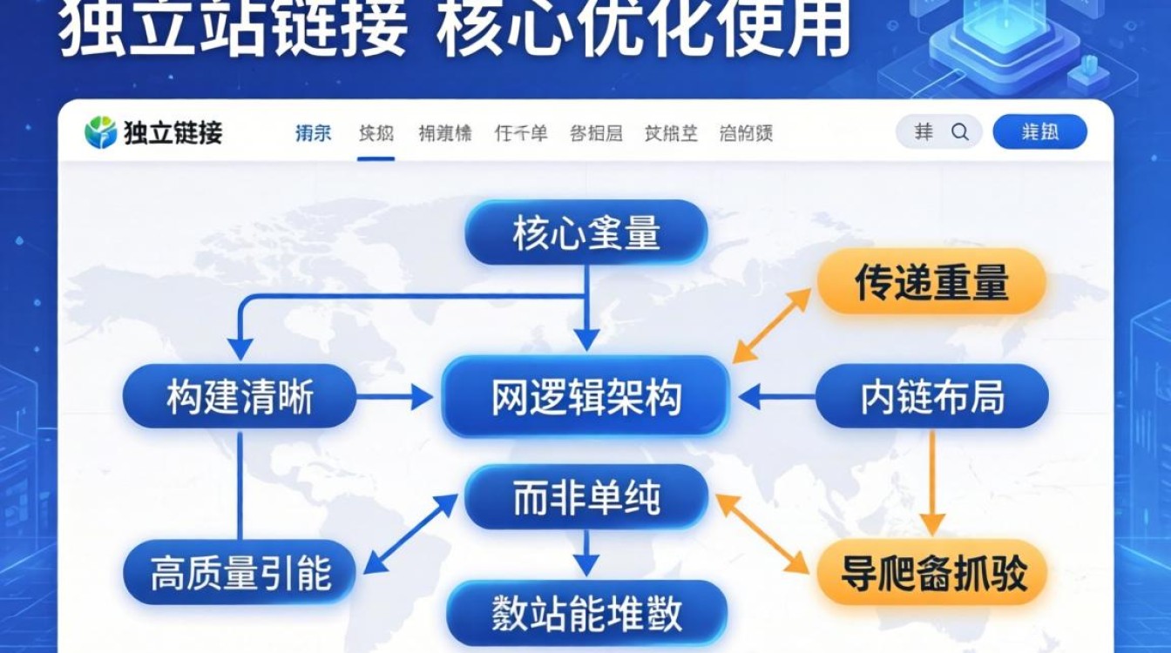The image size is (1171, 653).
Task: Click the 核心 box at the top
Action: (x=585, y=232)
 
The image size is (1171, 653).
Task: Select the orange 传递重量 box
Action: (x=931, y=282)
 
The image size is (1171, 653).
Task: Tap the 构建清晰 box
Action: (x=240, y=397)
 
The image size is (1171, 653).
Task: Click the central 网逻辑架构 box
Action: (x=585, y=397)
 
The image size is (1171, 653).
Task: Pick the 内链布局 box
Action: (x=932, y=397)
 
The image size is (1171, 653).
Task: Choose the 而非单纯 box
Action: (x=585, y=498)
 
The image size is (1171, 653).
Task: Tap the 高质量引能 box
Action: (x=240, y=573)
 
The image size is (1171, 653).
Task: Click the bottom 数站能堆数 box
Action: (x=585, y=613)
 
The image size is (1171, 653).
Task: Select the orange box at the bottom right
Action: (x=932, y=573)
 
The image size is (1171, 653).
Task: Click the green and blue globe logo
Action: (x=101, y=132)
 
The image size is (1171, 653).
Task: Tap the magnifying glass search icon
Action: (x=959, y=132)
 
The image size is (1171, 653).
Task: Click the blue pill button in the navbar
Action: (x=1039, y=132)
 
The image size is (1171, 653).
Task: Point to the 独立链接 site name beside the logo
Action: (x=173, y=132)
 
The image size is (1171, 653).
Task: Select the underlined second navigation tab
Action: (x=376, y=133)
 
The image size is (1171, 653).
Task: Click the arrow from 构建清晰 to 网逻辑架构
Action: (x=394, y=398)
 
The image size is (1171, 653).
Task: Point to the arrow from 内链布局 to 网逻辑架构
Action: (x=775, y=398)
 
